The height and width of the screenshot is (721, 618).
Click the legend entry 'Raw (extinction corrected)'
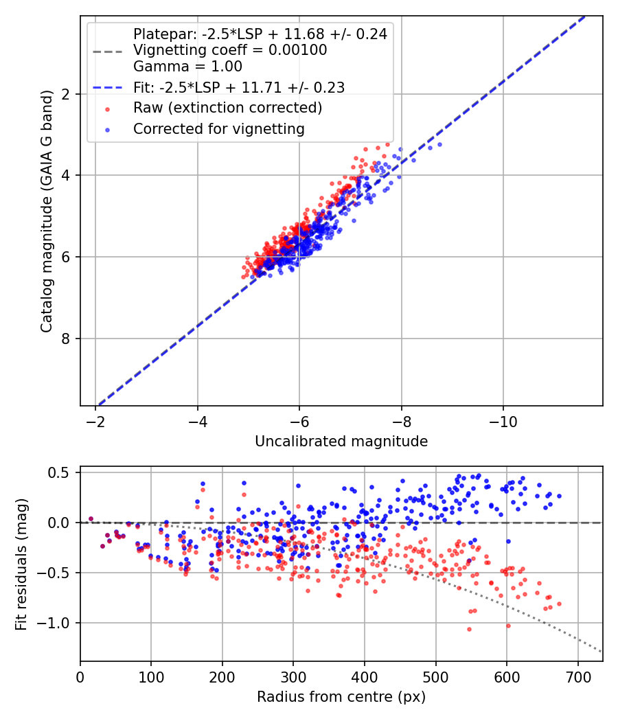click(x=227, y=108)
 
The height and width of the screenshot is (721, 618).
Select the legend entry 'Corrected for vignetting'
click(x=219, y=128)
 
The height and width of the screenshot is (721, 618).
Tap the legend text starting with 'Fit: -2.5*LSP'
click(x=239, y=87)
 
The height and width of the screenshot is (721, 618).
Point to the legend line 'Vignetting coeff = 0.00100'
click(x=230, y=50)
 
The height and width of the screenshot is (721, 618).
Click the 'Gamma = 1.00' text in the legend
click(x=187, y=67)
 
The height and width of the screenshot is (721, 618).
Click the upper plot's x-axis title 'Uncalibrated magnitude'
click(x=341, y=442)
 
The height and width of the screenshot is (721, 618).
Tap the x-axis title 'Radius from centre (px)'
click(x=341, y=697)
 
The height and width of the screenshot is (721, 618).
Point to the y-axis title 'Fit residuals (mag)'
click(x=21, y=564)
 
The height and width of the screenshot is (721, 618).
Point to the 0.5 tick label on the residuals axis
click(x=61, y=472)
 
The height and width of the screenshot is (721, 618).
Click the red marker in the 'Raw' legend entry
click(x=107, y=108)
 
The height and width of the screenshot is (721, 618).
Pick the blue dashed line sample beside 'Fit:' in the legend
click(x=107, y=87)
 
